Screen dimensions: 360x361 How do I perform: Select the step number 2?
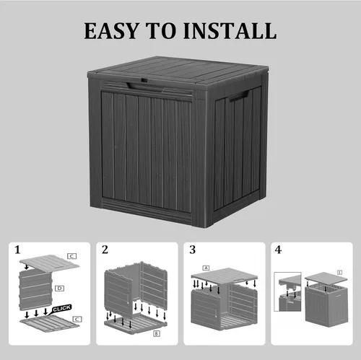(105, 250)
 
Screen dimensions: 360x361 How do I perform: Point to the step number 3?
(192, 250)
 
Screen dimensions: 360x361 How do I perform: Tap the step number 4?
(279, 250)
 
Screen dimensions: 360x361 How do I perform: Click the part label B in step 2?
(157, 333)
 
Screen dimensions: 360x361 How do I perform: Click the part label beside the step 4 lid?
(339, 271)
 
